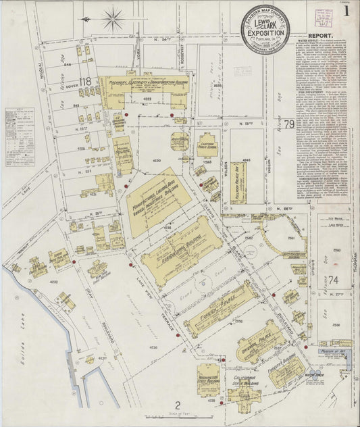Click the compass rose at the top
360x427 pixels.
pos(113,18)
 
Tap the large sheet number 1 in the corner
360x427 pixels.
pos(346,11)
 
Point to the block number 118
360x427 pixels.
pos(84,82)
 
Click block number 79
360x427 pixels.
pos(289,124)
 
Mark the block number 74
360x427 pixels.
pos(332,279)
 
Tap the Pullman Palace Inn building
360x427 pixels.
pos(238,182)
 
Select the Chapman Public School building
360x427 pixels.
pos(207,146)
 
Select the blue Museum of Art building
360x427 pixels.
pos(334,344)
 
